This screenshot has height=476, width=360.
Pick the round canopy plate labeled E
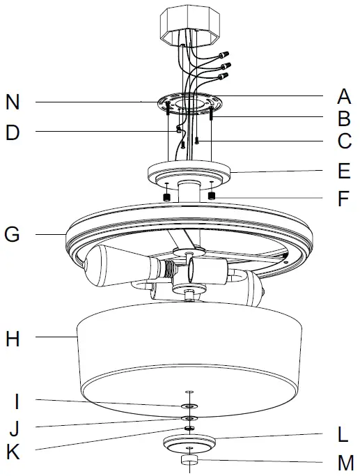(x=190, y=171)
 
